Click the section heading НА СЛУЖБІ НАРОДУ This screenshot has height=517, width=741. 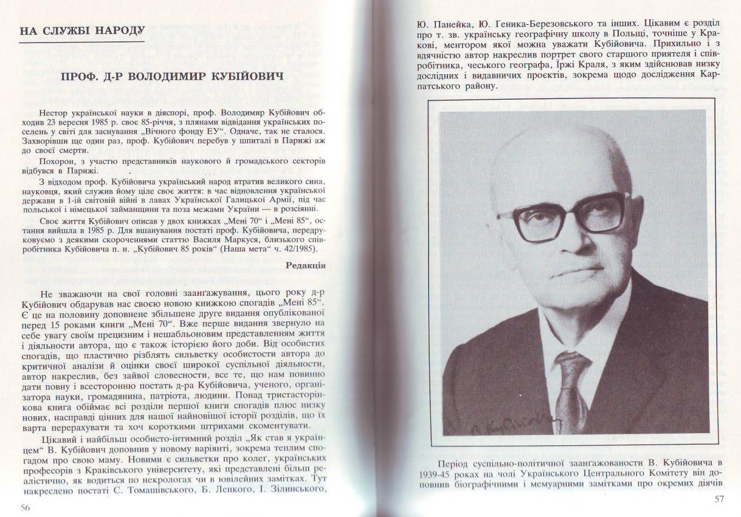tap(82, 31)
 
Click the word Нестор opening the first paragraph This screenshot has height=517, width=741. tap(53, 113)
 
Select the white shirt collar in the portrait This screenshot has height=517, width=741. tap(577, 328)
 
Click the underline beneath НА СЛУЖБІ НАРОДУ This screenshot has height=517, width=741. tap(82, 42)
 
